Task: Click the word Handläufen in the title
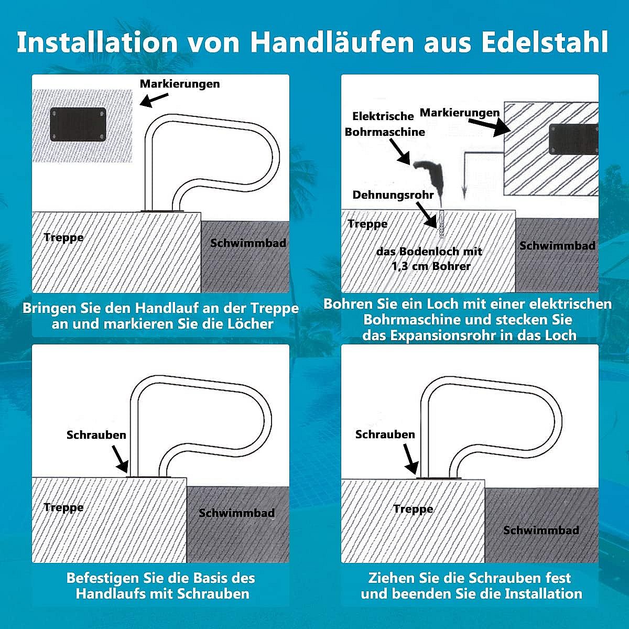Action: pyautogui.click(x=332, y=42)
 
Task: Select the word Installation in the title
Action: pyautogui.click(x=97, y=42)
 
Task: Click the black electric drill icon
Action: pyautogui.click(x=429, y=178)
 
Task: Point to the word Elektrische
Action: pyautogui.click(x=383, y=116)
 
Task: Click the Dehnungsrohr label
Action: pyautogui.click(x=393, y=195)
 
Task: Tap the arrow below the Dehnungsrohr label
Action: pyautogui.click(x=426, y=215)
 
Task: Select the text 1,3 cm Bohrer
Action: pyautogui.click(x=431, y=266)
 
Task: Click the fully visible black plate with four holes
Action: pyautogui.click(x=78, y=124)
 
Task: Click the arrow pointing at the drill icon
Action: pyautogui.click(x=399, y=150)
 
